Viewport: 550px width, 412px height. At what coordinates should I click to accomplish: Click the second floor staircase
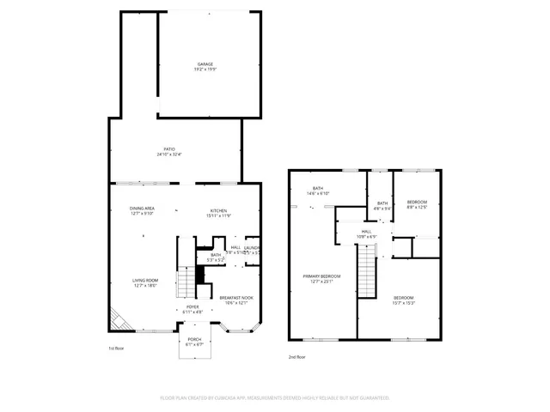pos(367,270)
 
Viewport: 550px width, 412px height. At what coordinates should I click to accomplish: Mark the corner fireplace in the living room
pos(119,321)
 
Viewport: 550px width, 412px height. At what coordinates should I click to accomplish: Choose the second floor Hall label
pos(366,233)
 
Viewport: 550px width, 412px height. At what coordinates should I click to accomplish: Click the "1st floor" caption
pos(117,348)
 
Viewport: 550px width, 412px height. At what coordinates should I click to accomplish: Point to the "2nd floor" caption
pos(296,356)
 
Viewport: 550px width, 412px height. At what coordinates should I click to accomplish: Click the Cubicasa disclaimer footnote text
pos(275,398)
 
